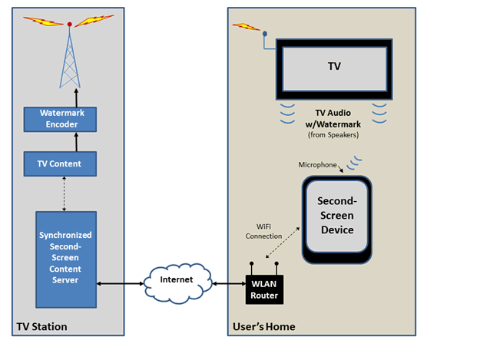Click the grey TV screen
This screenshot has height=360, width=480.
click(x=334, y=71)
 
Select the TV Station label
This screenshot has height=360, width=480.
click(x=42, y=327)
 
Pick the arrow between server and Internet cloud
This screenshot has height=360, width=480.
click(x=121, y=283)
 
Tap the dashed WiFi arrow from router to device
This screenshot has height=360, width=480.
click(x=279, y=253)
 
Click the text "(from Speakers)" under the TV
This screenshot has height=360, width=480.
click(x=334, y=135)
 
